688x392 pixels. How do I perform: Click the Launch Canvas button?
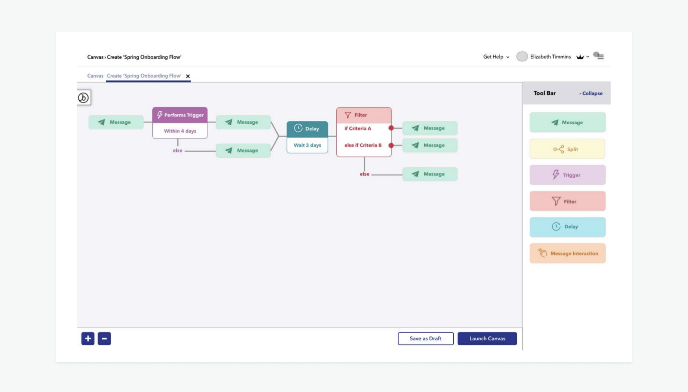tap(487, 338)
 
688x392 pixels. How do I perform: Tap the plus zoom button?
tap(88, 338)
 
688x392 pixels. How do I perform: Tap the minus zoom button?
tap(104, 338)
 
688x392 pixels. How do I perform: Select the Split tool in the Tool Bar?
tap(567, 149)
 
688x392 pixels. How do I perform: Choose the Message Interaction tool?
tap(567, 253)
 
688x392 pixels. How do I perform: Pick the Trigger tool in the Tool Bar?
tap(567, 175)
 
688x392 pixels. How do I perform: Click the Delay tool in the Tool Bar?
tap(567, 226)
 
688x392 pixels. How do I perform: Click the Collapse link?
tap(591, 93)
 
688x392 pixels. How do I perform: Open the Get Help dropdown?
tap(496, 57)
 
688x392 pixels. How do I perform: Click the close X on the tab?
tap(188, 76)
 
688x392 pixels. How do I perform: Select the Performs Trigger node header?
tap(180, 115)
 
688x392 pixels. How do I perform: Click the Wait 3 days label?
tap(307, 145)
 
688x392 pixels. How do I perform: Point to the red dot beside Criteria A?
tap(391, 128)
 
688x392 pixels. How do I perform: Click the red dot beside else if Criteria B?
tap(391, 145)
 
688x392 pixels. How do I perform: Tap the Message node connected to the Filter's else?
tap(430, 174)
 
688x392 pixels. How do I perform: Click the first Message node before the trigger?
tap(116, 122)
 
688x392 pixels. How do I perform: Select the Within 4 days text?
tap(180, 131)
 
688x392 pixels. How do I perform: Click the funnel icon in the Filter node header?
tap(348, 115)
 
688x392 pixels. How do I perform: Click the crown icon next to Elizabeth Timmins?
tap(580, 57)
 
